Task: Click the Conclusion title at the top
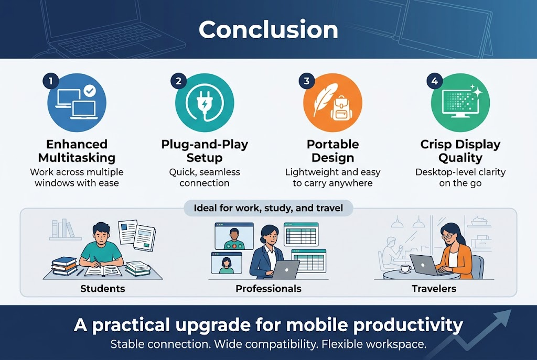click(268, 30)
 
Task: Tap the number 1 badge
click(50, 81)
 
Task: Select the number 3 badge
click(306, 81)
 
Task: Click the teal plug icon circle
click(205, 103)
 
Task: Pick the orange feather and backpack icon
click(332, 103)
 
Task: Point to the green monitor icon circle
click(460, 103)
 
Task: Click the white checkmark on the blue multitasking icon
click(90, 91)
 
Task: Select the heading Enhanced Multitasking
click(77, 151)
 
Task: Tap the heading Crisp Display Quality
click(460, 151)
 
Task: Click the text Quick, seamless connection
click(205, 178)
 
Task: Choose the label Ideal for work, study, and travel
click(268, 208)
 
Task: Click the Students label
click(103, 289)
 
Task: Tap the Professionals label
click(268, 289)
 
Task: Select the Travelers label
click(434, 289)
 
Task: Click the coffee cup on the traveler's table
click(404, 268)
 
